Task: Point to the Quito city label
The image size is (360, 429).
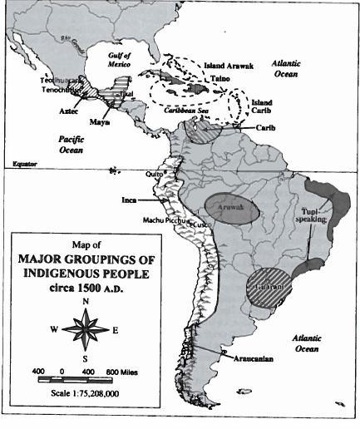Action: click(152, 174)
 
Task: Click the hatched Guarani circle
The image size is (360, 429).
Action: click(272, 288)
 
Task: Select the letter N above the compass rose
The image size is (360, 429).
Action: click(85, 300)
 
